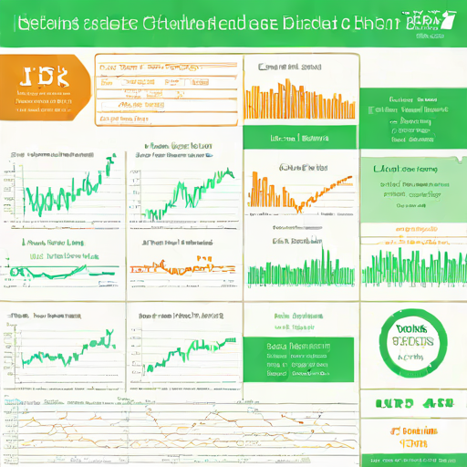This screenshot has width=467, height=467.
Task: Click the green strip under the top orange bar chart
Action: (x=300, y=138)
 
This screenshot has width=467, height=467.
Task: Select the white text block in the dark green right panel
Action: (x=411, y=119)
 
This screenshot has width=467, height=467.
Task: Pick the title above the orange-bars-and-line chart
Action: (x=304, y=168)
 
